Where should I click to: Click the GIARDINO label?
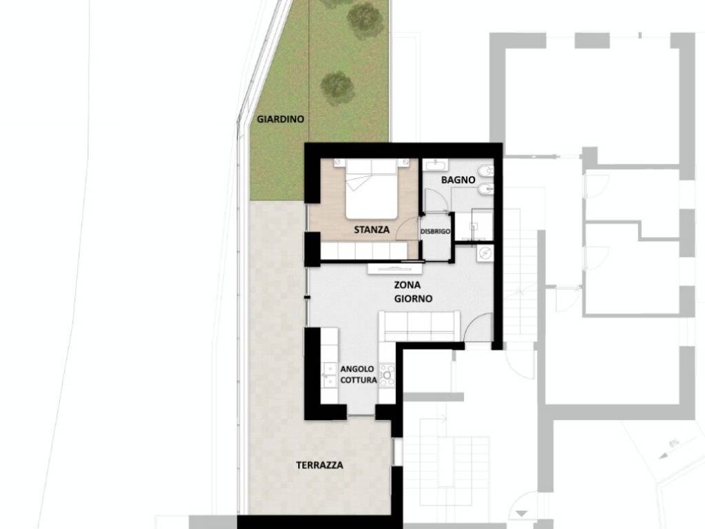pyautogui.click(x=281, y=119)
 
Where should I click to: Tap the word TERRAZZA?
pyautogui.click(x=319, y=465)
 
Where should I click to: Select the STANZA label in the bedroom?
pyautogui.click(x=371, y=230)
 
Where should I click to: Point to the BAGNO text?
pyautogui.click(x=458, y=180)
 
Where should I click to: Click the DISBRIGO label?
pyautogui.click(x=435, y=231)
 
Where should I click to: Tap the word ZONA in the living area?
pyautogui.click(x=408, y=285)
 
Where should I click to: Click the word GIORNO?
pyautogui.click(x=413, y=299)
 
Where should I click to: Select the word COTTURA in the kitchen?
pyautogui.click(x=358, y=380)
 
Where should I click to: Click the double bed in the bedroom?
pyautogui.click(x=372, y=189)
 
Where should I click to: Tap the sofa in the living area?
pyautogui.click(x=419, y=326)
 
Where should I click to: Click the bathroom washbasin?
pyautogui.click(x=436, y=165)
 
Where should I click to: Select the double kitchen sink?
pyautogui.click(x=330, y=374)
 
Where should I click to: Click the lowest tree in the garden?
pyautogui.click(x=337, y=87)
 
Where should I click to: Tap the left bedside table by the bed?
pyautogui.click(x=339, y=163)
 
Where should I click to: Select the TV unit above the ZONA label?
pyautogui.click(x=394, y=269)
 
